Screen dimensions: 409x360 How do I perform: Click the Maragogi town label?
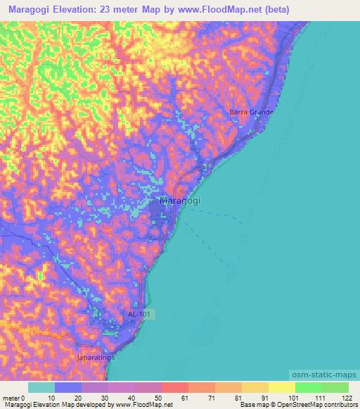(x=180, y=201)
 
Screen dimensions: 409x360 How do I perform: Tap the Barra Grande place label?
(x=251, y=112)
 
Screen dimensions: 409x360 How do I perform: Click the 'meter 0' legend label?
(x=13, y=397)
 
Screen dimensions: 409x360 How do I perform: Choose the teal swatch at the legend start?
(x=41, y=387)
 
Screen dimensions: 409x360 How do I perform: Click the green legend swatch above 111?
(x=308, y=387)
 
